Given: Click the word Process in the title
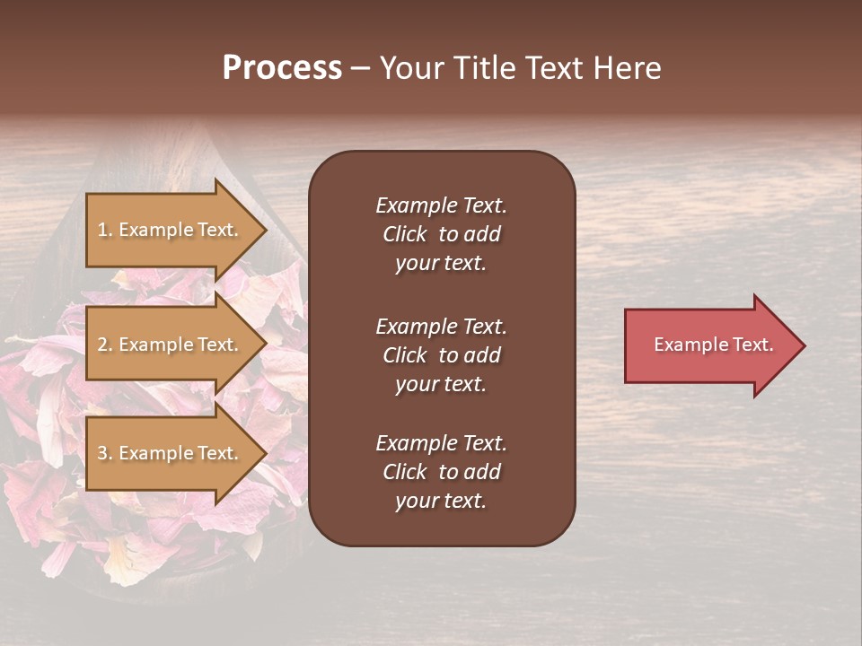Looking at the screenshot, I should click(282, 68).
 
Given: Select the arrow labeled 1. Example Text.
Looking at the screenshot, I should click(171, 230).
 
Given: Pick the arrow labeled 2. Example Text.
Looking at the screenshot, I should click(171, 345).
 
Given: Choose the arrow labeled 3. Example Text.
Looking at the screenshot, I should click(171, 453).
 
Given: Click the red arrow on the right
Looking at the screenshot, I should click(709, 345).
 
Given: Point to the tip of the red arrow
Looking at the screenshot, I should click(804, 345).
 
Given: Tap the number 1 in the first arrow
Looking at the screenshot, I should click(102, 231).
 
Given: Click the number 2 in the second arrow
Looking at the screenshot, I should click(102, 345).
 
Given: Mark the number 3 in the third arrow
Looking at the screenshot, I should click(102, 454).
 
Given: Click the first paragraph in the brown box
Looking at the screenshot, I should click(441, 234).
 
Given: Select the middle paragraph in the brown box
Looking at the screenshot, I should click(441, 355).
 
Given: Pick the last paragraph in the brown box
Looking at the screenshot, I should click(441, 472).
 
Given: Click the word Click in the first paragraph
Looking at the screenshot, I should click(404, 234).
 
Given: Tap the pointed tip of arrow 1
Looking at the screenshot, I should click(266, 230).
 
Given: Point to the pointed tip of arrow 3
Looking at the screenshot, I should click(266, 453).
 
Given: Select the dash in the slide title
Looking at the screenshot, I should click(360, 69).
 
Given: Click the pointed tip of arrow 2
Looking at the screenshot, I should click(266, 345).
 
